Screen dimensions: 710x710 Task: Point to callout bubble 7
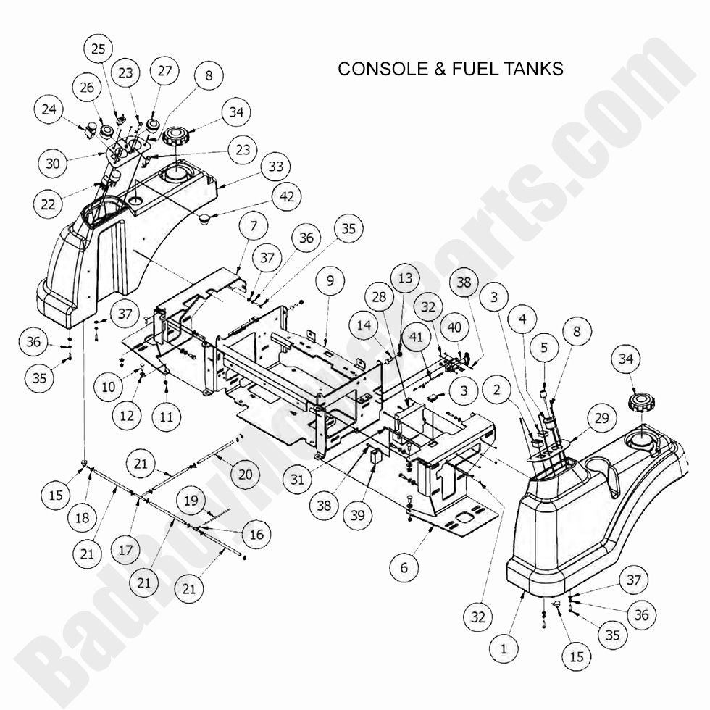click(x=253, y=227)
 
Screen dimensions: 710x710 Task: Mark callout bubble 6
click(x=404, y=567)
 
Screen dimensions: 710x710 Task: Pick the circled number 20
click(x=245, y=474)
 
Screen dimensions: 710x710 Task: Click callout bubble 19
click(x=191, y=501)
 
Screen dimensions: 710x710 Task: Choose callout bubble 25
click(x=99, y=49)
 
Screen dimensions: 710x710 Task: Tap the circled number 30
click(x=52, y=164)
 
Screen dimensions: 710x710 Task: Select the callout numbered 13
click(x=404, y=278)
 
